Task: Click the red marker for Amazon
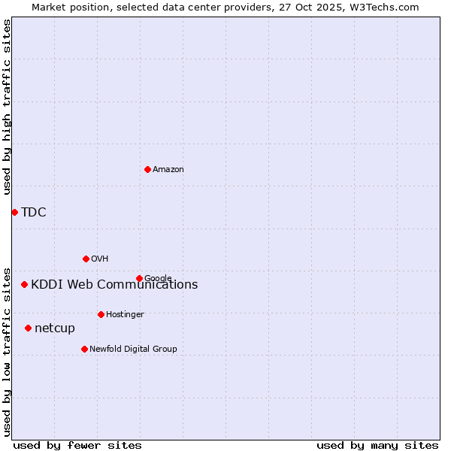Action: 147,169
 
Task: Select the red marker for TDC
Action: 14,212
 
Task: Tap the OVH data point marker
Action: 86,259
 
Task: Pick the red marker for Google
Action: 139,278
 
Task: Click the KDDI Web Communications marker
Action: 25,284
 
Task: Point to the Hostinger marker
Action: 101,314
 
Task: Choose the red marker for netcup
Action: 28,328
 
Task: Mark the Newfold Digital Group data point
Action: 84,349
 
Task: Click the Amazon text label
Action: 168,170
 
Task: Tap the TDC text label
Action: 34,212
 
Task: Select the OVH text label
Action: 100,259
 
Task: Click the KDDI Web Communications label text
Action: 114,284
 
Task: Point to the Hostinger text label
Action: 125,314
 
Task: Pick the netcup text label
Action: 55,328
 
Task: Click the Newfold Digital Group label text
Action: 133,349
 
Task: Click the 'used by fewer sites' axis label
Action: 77,445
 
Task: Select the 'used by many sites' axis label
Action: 377,445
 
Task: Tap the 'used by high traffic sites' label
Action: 7,107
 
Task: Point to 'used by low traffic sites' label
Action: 7,351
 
